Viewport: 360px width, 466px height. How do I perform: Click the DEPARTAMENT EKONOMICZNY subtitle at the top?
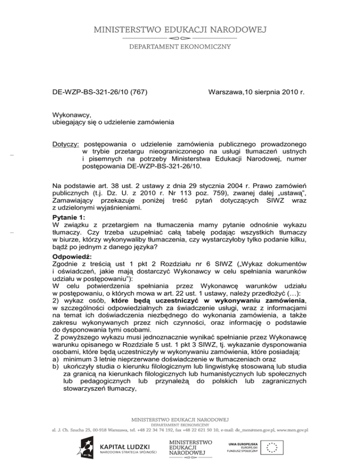pyautogui.click(x=180, y=46)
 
